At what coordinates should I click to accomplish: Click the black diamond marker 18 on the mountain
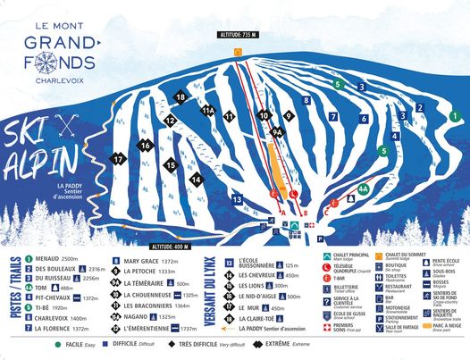coord(180,97)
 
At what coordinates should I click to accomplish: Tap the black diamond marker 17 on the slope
coord(118,160)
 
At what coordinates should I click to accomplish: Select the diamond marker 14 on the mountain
coord(196,180)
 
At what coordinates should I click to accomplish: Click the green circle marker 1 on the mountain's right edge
coord(454,116)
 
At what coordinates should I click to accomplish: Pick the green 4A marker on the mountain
coord(363,189)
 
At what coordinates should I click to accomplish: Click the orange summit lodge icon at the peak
coord(238,53)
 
